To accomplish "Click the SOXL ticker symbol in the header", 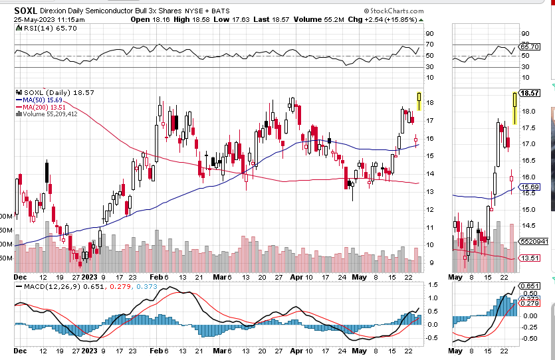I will (25, 11).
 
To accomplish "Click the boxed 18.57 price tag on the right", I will (530, 94).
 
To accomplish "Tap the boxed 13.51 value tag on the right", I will (529, 258).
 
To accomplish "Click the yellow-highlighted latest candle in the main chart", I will (419, 100).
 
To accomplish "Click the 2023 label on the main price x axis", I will (90, 276).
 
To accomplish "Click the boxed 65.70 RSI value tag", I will (530, 47).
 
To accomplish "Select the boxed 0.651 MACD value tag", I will (530, 286).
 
